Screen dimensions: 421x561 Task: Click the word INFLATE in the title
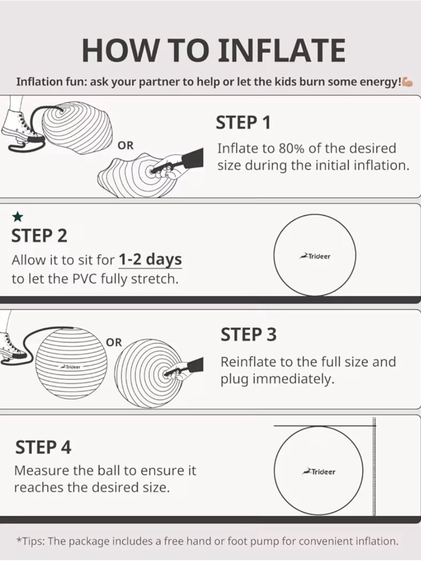click(282, 50)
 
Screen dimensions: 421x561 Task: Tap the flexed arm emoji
click(407, 82)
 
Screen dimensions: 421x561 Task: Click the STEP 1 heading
click(243, 122)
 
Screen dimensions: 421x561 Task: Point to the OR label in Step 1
click(125, 146)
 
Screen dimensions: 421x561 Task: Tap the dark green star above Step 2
click(18, 217)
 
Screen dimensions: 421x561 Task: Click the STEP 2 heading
click(40, 236)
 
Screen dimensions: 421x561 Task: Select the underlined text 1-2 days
click(150, 260)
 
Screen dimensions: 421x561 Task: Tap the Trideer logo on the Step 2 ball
click(314, 256)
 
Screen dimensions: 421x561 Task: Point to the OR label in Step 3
click(114, 343)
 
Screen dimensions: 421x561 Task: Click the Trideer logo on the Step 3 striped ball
click(71, 367)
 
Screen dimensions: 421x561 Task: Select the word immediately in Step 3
click(293, 379)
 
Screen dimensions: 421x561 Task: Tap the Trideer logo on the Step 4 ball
click(318, 471)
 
